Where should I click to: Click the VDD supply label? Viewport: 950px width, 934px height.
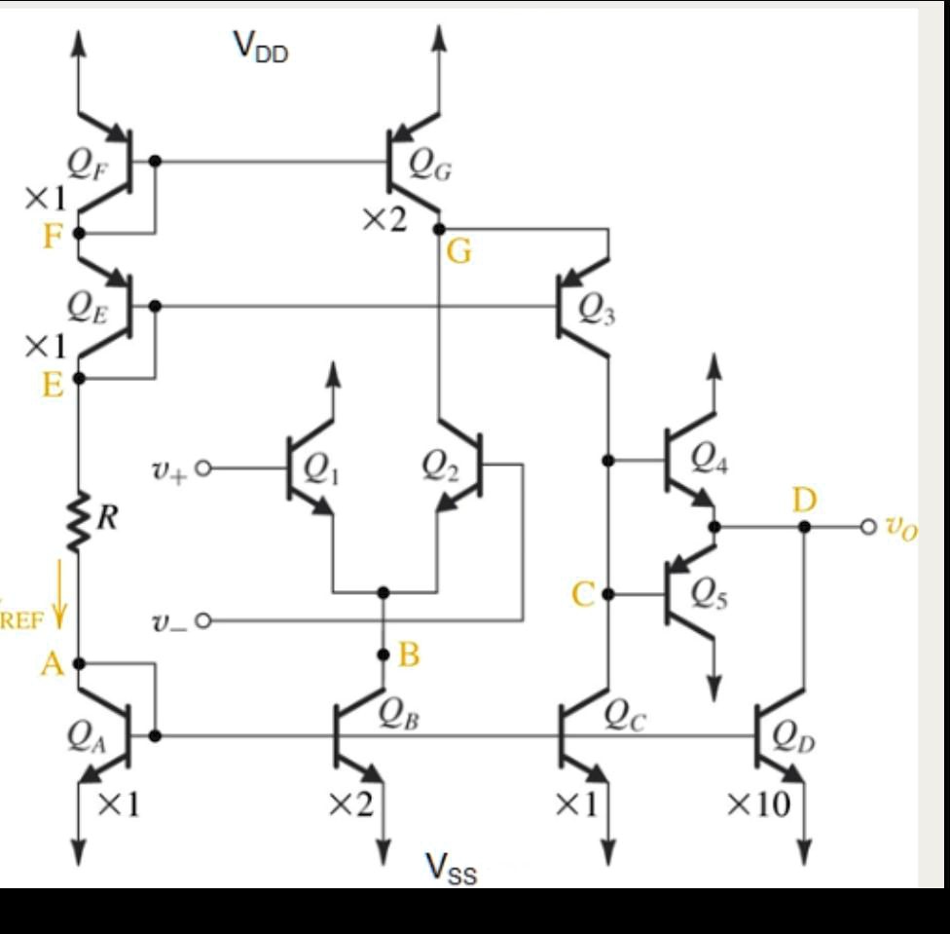(260, 45)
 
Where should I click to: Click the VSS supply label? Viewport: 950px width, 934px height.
(451, 866)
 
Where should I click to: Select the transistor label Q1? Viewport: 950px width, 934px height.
(321, 470)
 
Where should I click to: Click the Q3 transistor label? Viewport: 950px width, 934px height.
(596, 310)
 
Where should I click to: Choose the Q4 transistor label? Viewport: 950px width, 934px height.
(712, 455)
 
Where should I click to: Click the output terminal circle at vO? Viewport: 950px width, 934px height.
(868, 527)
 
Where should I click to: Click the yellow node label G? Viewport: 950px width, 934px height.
(458, 252)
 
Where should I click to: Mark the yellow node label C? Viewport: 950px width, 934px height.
(582, 594)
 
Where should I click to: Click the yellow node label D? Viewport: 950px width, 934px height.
(804, 501)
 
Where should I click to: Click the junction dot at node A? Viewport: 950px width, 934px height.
(79, 663)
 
